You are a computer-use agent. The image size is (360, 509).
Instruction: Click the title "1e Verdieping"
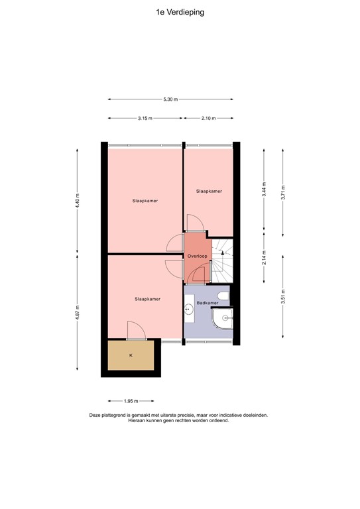180,11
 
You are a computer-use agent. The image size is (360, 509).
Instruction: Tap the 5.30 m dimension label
170,99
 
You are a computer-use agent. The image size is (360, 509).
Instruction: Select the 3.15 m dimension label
145,119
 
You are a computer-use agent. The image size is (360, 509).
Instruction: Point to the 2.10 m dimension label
208,119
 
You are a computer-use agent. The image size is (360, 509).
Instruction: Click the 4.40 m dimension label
78,201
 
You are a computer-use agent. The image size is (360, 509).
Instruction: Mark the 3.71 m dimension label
283,190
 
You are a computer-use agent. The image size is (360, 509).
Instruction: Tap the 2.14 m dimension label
264,257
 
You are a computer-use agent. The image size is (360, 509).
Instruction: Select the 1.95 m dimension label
131,400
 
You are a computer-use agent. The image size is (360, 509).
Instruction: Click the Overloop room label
198,256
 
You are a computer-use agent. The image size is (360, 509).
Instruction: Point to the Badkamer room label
198,302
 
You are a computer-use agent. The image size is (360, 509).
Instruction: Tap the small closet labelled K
131,356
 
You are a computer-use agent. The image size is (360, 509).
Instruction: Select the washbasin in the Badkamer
190,309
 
